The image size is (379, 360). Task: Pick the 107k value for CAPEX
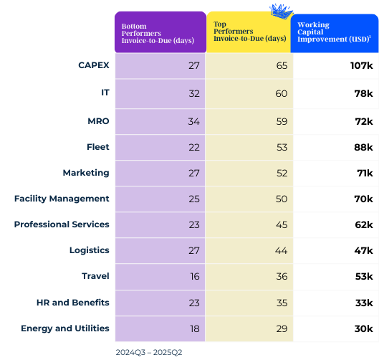(x=360, y=66)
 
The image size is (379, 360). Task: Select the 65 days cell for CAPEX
(x=281, y=66)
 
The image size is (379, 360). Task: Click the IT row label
(x=105, y=93)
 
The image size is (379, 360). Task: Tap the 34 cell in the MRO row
(x=193, y=120)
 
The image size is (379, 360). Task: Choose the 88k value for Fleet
(x=363, y=147)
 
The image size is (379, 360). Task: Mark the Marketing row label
(x=86, y=173)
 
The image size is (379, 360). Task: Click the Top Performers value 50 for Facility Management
(x=281, y=199)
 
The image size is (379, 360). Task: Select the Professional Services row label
(x=62, y=224)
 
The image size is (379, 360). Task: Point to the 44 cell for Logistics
(x=281, y=250)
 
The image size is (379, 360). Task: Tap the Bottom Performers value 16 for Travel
(x=193, y=277)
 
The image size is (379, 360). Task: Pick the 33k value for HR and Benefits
(x=363, y=303)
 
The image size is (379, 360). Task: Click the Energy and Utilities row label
(x=65, y=328)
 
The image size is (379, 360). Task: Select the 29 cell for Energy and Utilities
(x=281, y=328)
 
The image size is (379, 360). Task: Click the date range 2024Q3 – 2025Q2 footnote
(x=150, y=353)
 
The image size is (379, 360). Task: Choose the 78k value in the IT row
(x=363, y=93)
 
